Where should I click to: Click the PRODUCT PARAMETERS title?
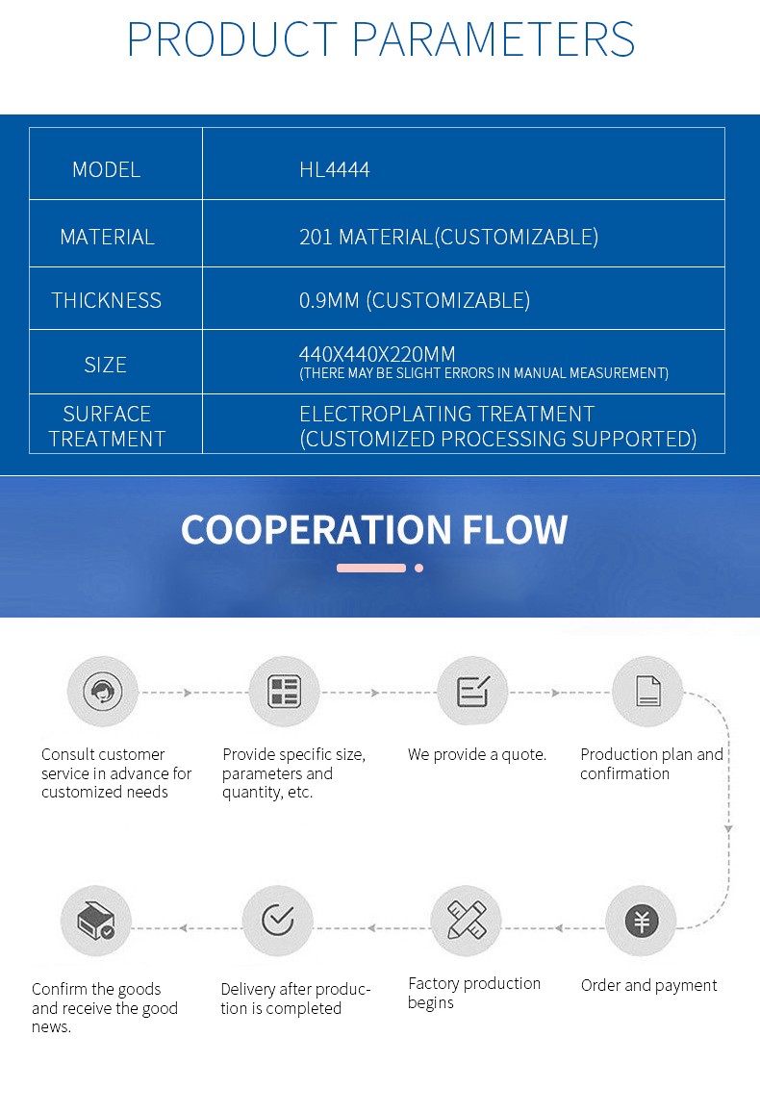pos(380,38)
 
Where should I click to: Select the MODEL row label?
pos(106,169)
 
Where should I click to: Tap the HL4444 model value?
pos(334,169)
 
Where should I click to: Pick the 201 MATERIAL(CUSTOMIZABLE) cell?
pos(448,237)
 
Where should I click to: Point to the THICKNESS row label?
pos(106,300)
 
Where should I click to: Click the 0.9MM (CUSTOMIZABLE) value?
pos(414,300)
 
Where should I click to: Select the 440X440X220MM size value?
pos(377,353)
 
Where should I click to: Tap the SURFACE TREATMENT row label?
pos(107,426)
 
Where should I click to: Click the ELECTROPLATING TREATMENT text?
pos(446,414)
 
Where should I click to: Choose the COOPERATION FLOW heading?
pos(374,530)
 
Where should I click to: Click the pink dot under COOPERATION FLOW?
pos(418,568)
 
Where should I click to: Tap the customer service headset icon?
pos(102,692)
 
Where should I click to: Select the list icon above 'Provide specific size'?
pos(284,692)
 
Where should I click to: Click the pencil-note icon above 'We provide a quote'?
pos(472,692)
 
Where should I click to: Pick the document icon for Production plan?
pos(647,692)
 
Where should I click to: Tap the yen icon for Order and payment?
pos(642,922)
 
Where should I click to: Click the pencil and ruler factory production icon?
pos(467,922)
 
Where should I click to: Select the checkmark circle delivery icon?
pos(277,922)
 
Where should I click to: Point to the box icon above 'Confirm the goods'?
pos(95,922)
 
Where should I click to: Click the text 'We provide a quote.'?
pos(476,754)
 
